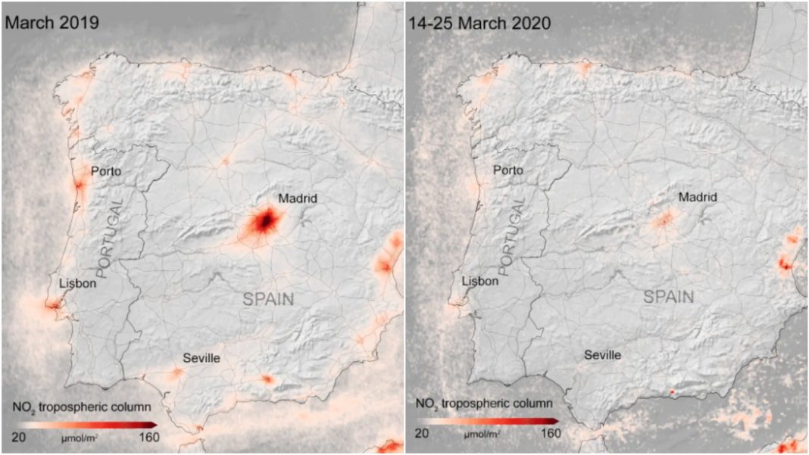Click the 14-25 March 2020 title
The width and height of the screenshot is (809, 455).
coord(479,23)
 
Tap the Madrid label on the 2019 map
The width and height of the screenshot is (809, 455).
coord(298,199)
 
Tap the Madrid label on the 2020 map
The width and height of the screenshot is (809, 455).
coord(698,198)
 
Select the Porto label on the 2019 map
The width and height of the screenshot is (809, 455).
coord(106,171)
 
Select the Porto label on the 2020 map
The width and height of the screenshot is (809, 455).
coord(508,170)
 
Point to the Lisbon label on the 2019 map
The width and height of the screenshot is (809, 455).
coord(78,283)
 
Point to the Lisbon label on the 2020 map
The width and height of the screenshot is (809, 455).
coord(480,281)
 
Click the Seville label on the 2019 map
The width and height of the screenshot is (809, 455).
coord(201,357)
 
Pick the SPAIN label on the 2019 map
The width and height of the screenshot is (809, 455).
coord(268,299)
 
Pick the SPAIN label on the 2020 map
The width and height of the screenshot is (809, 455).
coord(669,297)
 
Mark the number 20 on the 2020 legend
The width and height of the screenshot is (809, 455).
coord(422,433)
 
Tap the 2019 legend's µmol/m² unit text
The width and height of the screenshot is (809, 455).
coord(80,437)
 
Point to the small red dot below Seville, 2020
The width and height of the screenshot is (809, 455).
coord(672,391)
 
